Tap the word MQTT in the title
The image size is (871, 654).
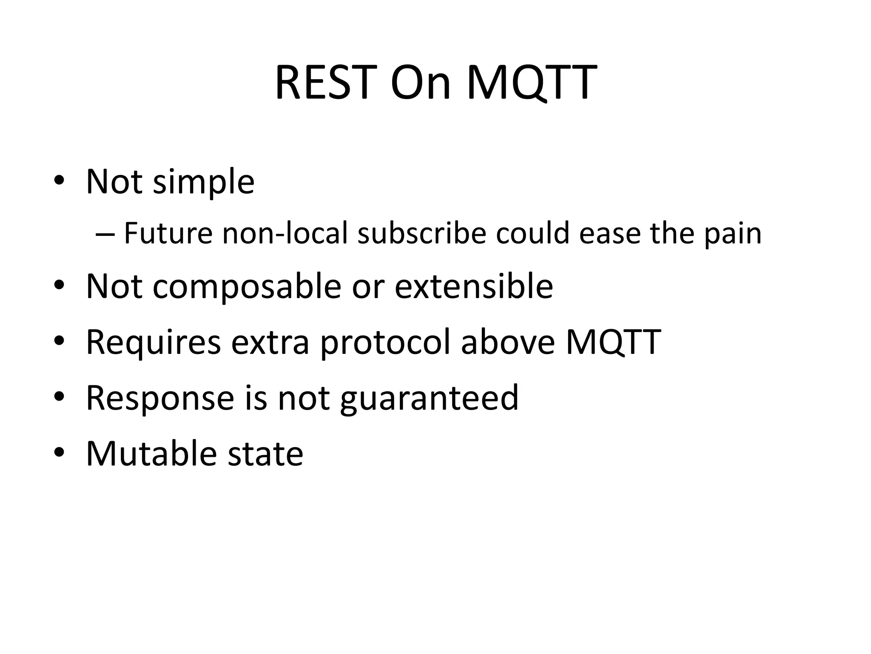coord(532,83)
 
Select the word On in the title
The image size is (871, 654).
coord(420,83)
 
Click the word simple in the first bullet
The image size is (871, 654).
coord(203,182)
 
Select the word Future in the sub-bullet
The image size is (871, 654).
coord(168,233)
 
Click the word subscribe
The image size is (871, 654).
coord(421,233)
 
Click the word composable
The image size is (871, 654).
coord(247,287)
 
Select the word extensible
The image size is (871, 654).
coord(474,286)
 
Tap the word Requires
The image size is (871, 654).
coord(154,342)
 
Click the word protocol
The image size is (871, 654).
coord(385,342)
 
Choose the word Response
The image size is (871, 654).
coord(160,399)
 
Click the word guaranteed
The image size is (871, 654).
coord(429,399)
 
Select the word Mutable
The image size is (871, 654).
coord(151,453)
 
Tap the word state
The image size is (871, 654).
coord(265,453)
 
